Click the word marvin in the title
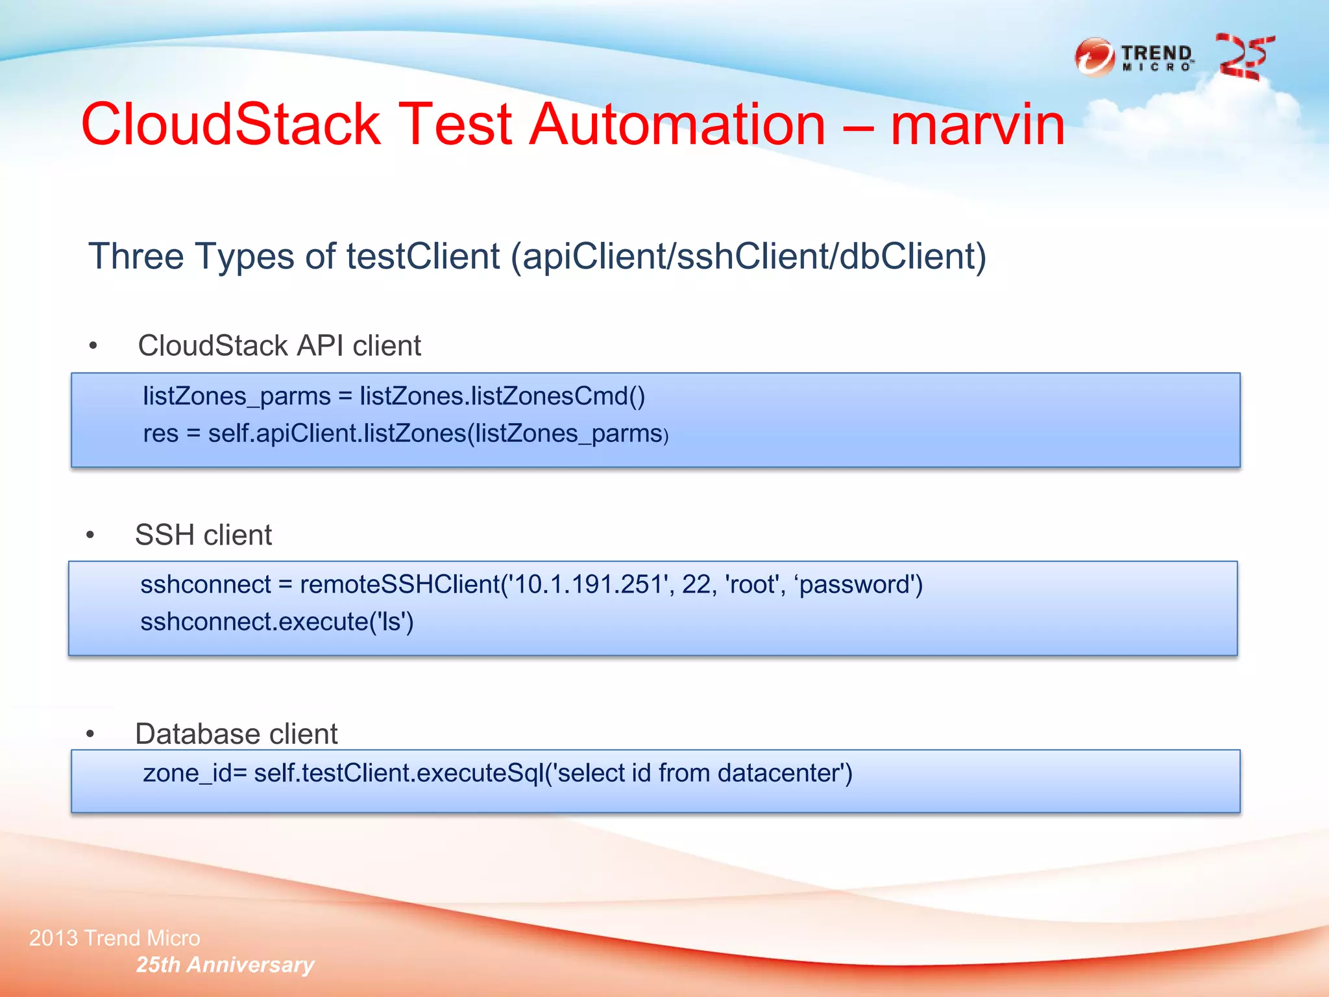coord(977,125)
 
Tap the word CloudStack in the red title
coord(230,125)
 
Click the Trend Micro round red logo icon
coord(1095,57)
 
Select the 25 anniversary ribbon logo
coord(1245,57)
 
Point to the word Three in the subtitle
coord(136,256)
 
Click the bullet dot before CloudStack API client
coord(93,346)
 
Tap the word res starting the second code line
coord(160,434)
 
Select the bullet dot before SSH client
coord(91,535)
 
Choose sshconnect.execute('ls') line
coord(277,622)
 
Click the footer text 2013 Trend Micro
coord(115,938)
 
